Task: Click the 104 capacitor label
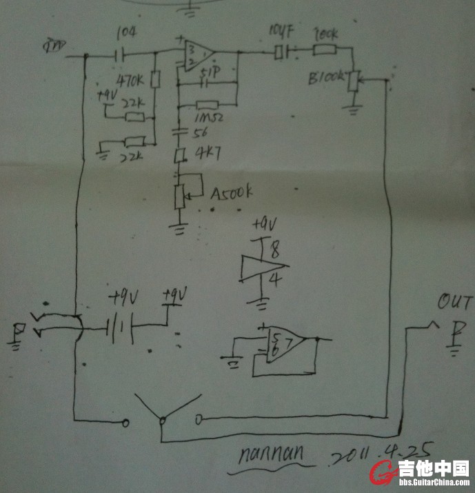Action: (125, 32)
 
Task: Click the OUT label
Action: (456, 303)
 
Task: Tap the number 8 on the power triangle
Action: (274, 253)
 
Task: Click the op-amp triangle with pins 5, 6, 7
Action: (285, 341)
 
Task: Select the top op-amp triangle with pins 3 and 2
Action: (198, 53)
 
